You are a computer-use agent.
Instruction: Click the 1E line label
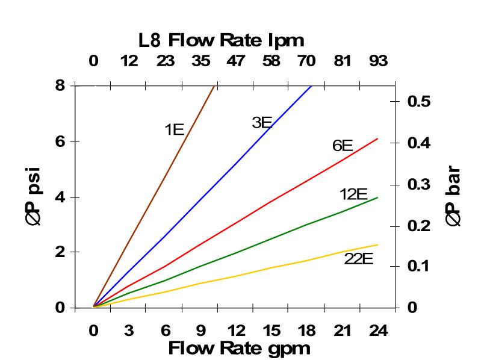coord(174,129)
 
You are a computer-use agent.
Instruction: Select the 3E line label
coord(262,123)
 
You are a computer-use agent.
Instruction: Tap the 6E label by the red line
coord(343,146)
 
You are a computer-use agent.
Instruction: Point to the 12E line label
coord(353,194)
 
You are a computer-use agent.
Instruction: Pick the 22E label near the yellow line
coord(359,259)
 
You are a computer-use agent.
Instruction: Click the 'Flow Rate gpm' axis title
coord(239,348)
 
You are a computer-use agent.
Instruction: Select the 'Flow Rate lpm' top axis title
coord(222,40)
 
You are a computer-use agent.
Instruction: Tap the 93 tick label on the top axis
coord(378,61)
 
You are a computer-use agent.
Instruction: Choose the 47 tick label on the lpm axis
coord(236,61)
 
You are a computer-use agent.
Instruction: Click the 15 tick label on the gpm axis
coord(271,331)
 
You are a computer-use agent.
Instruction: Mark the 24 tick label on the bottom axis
coord(378,331)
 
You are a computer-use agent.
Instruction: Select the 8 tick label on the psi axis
coord(60,85)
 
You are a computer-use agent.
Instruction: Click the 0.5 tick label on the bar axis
coord(420,101)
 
